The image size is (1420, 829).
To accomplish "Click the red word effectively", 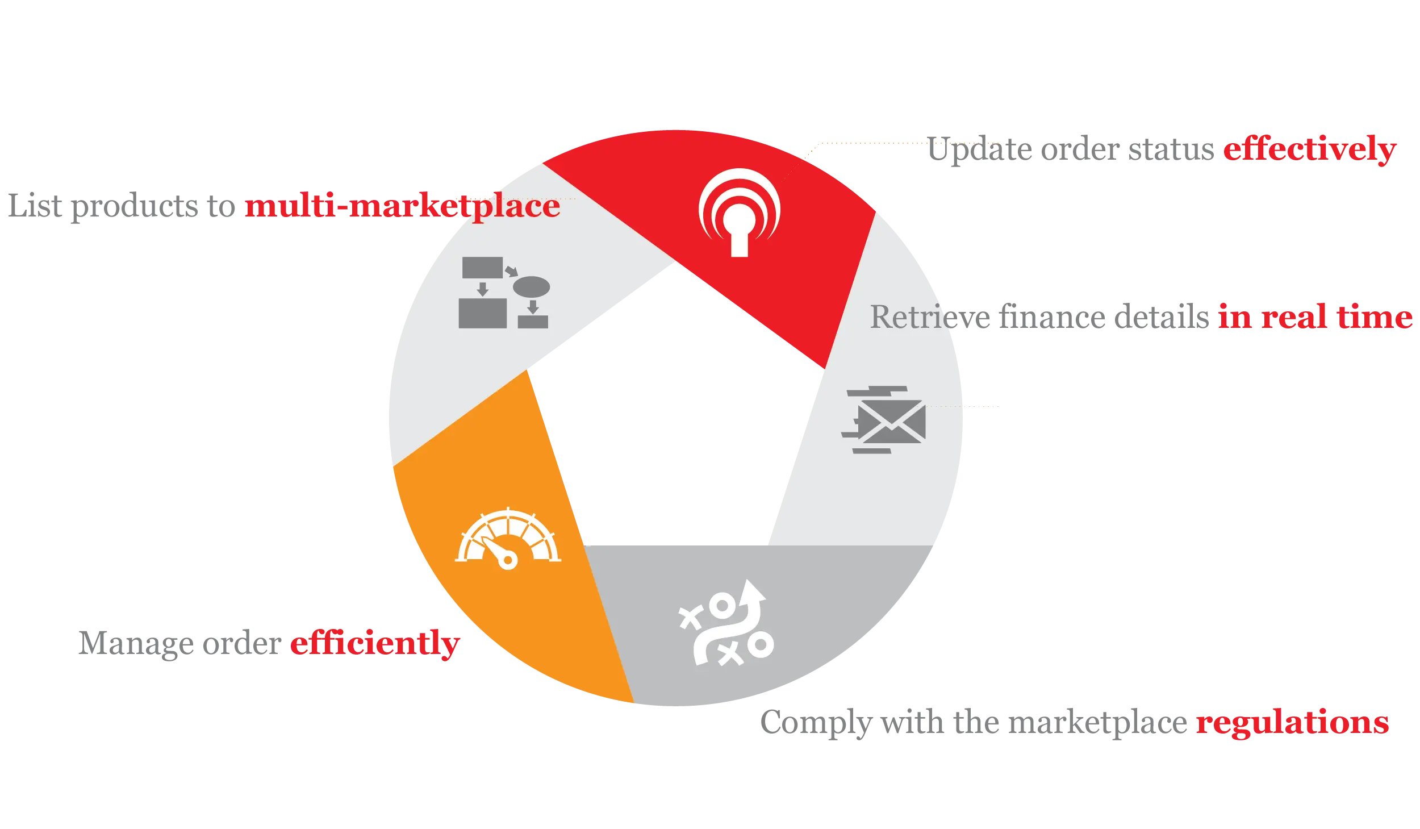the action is (x=1309, y=150).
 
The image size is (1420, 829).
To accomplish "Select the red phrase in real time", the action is (x=1315, y=317).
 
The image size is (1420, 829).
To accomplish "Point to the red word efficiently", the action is (x=375, y=644).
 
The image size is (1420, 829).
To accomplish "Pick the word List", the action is (x=35, y=206).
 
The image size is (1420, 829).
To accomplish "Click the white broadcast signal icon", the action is (x=739, y=213).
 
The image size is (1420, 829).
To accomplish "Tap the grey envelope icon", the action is (x=884, y=420).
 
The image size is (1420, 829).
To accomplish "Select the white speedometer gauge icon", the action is (x=508, y=538).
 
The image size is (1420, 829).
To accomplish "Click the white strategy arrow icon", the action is (x=727, y=623).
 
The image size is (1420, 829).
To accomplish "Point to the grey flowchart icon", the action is (x=504, y=293).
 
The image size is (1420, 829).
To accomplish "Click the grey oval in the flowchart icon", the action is (x=531, y=287).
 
